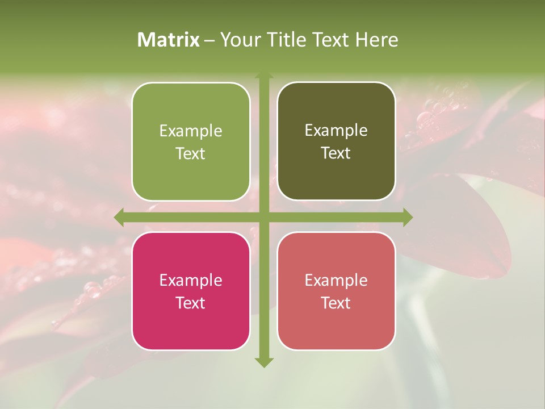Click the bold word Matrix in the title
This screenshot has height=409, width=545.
point(169,40)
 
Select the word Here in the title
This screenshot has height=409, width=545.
point(376,40)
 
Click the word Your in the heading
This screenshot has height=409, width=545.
point(238,40)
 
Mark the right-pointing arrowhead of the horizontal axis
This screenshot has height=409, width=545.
point(407,217)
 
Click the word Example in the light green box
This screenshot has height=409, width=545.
point(191,131)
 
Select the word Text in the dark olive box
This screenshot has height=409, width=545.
point(336,153)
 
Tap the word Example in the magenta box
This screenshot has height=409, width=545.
point(191,281)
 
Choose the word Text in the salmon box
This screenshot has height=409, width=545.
point(336,303)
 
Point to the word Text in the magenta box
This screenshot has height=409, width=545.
point(191,303)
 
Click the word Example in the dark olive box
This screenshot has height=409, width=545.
point(336,131)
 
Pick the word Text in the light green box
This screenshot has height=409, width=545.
point(191,153)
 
